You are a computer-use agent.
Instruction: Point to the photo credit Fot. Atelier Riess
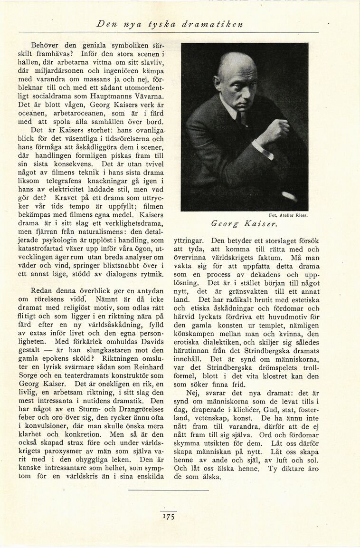point(288,214)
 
